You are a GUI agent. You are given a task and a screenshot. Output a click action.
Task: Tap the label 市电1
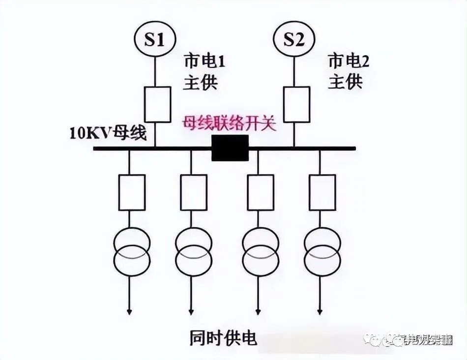pyautogui.click(x=204, y=62)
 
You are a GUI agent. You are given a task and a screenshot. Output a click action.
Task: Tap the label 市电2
pyautogui.click(x=348, y=62)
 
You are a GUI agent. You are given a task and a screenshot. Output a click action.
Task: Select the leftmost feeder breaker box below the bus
pyautogui.click(x=132, y=192)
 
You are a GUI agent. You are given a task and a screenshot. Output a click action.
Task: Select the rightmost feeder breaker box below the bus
pyautogui.click(x=322, y=192)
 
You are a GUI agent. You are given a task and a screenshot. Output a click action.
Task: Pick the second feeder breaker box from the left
pyautogui.click(x=193, y=192)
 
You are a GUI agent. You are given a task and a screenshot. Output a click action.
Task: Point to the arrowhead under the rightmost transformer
pyautogui.click(x=321, y=311)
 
